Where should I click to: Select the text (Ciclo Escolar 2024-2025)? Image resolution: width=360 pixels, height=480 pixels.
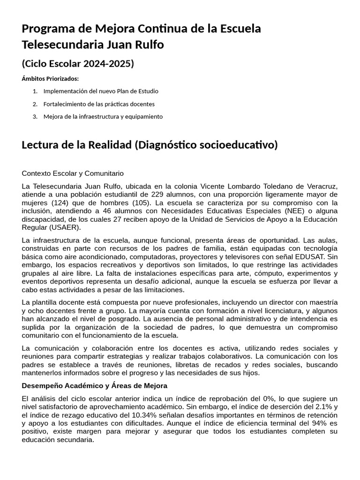(x=78, y=63)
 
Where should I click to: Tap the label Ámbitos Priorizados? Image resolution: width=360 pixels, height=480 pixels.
(x=50, y=78)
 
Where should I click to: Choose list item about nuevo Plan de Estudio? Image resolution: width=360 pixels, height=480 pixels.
(x=101, y=91)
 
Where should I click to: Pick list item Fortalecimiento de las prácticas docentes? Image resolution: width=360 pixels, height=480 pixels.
(x=99, y=104)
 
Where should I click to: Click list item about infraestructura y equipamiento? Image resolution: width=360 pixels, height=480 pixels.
(x=103, y=116)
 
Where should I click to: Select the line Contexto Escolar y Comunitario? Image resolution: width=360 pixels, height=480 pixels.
(x=73, y=173)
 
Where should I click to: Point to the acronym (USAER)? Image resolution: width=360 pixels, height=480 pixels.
(x=65, y=228)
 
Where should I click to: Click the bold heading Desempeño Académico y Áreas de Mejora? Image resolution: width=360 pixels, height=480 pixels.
(x=94, y=385)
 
